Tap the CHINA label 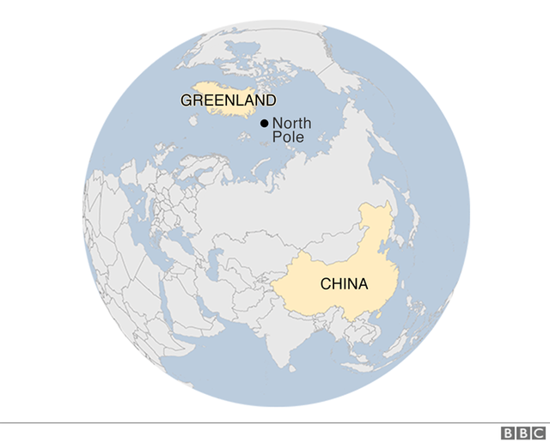344,283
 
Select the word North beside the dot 291,124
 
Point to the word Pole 287,137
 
